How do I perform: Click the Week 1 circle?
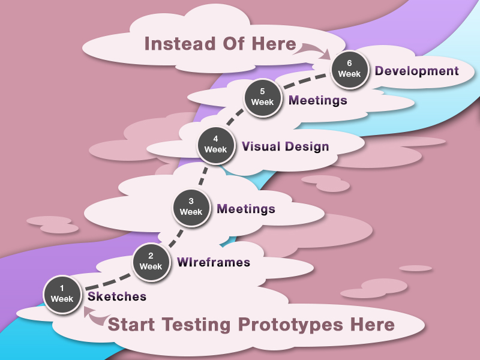(x=62, y=295)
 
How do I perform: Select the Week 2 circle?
(x=151, y=262)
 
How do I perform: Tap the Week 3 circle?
(x=191, y=208)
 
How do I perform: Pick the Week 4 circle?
(x=216, y=145)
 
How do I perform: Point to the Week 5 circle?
(x=263, y=98)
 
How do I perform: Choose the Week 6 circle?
(x=350, y=70)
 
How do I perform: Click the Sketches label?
(x=117, y=296)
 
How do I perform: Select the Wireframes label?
(x=214, y=262)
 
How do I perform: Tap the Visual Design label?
(x=286, y=146)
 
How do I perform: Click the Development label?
(x=416, y=71)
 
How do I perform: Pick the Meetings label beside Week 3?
(x=246, y=209)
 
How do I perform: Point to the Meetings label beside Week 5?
(x=318, y=100)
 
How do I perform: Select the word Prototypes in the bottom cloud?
(x=290, y=325)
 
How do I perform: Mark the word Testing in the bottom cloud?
(x=196, y=325)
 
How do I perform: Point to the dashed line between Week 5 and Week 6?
(x=304, y=80)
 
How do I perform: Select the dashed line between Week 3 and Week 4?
(x=203, y=176)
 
